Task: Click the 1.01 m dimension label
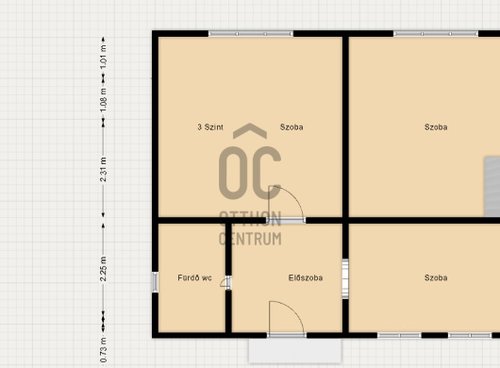[103, 57]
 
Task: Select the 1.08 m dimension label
[103, 100]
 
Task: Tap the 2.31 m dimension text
[103, 169]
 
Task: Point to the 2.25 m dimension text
[103, 269]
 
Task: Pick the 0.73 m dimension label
[103, 350]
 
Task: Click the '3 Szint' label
[210, 127]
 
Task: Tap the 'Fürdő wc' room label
[194, 277]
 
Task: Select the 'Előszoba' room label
[306, 277]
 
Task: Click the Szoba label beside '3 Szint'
[292, 127]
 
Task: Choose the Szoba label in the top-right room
[436, 127]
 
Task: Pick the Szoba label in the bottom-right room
[436, 277]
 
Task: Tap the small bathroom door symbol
[225, 282]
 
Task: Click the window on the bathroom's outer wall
[155, 282]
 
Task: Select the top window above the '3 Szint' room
[251, 33]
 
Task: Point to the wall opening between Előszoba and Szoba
[345, 278]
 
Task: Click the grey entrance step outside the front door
[295, 350]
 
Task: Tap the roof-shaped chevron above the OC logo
[250, 130]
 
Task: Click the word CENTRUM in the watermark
[250, 239]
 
